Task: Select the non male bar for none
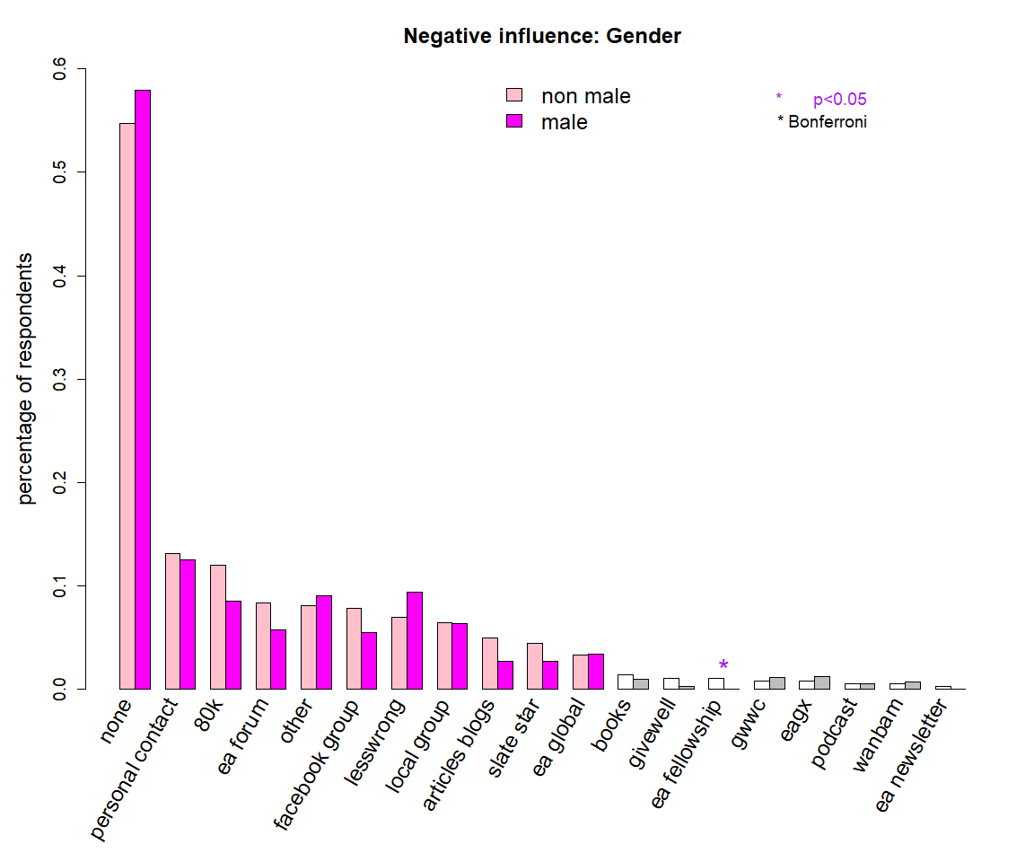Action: pos(127,406)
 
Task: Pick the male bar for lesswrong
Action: pos(414,640)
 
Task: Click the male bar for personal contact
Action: pos(188,624)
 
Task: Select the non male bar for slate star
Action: pos(534,666)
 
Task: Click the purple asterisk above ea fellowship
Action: pos(723,665)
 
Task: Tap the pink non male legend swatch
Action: pos(514,95)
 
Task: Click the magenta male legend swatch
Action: pos(514,121)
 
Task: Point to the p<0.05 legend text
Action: pos(839,100)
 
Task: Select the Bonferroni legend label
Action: pos(827,122)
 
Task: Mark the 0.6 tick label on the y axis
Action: pos(60,69)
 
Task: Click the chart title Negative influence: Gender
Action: pos(542,37)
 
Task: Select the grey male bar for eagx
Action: pos(821,682)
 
